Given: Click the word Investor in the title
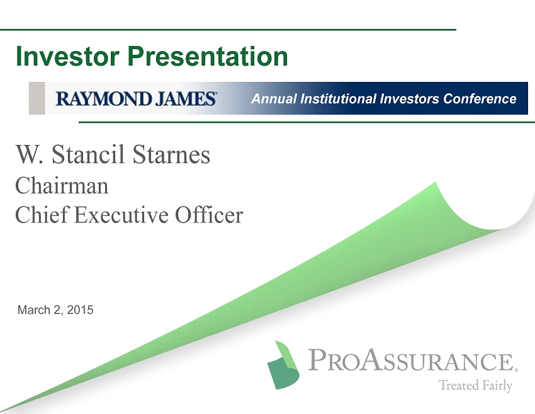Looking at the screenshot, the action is click(67, 56).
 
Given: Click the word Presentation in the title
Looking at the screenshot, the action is click(208, 56).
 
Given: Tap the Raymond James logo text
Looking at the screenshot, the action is click(136, 98).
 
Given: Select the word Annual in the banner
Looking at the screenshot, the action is click(274, 99).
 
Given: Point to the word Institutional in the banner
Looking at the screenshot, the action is click(338, 99).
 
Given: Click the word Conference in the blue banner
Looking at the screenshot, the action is click(480, 99).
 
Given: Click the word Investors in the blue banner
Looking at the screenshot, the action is click(410, 99).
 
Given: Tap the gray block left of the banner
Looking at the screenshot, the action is click(37, 98).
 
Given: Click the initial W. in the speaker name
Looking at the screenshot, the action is click(30, 155).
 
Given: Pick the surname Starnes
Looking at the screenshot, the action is click(171, 155).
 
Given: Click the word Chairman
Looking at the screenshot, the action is click(62, 186).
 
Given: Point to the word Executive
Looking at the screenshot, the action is click(121, 216).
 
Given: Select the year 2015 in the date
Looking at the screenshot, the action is click(80, 310).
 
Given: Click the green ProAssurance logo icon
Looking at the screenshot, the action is click(283, 365).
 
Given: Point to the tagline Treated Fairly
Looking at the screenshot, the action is click(475, 386).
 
